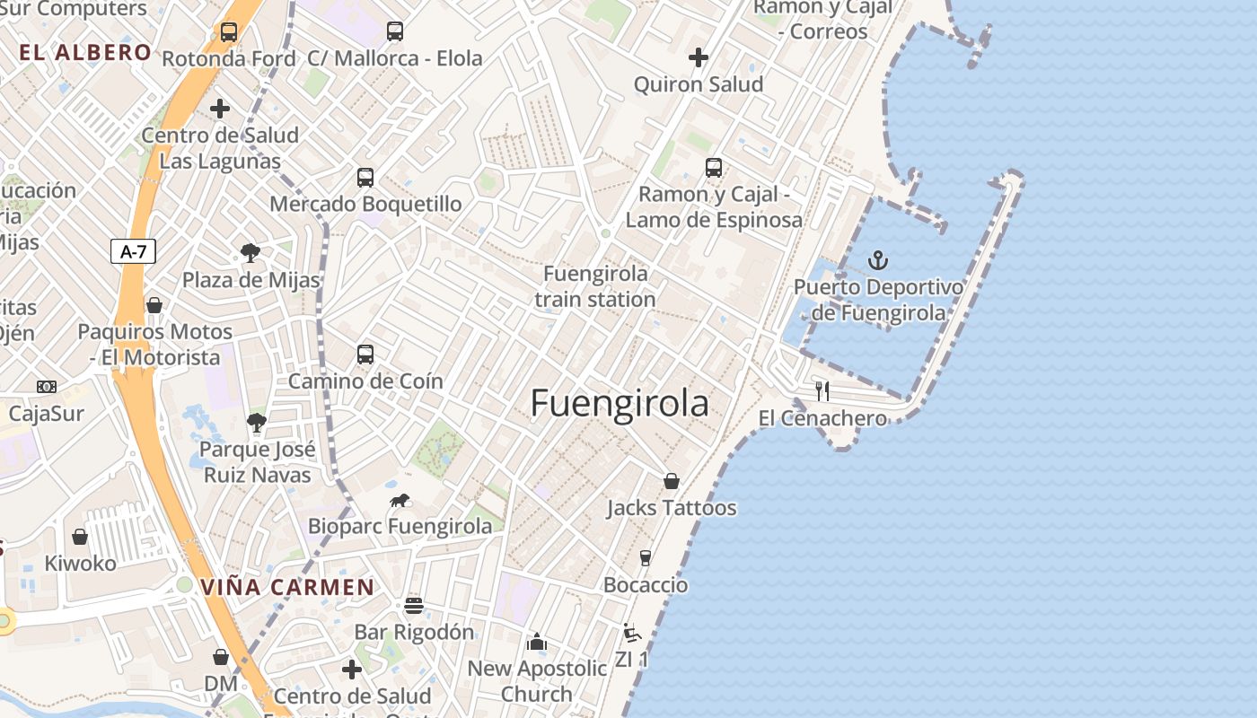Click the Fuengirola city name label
click(x=620, y=403)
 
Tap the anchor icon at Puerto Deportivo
click(x=878, y=261)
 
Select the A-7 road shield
click(x=134, y=252)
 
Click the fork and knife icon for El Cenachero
click(x=822, y=391)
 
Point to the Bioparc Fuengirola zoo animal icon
click(x=400, y=500)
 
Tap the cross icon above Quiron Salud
click(x=699, y=58)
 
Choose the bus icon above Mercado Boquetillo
click(x=365, y=178)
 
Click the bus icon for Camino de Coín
click(x=365, y=355)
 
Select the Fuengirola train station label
click(x=595, y=286)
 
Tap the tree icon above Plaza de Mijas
click(x=251, y=254)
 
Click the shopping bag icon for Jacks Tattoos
click(x=671, y=482)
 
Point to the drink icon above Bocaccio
click(x=645, y=558)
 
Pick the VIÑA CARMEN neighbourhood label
click(x=287, y=588)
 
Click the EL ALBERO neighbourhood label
click(x=85, y=52)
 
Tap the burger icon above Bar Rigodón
click(x=414, y=605)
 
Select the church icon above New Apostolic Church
click(x=537, y=642)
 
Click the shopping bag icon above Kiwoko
click(x=80, y=537)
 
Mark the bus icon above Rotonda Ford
click(x=229, y=33)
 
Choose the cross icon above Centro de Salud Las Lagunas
click(x=220, y=109)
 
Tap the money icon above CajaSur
click(x=47, y=387)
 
